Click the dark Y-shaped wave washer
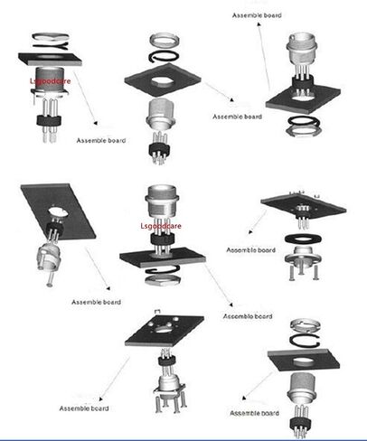point(51,46)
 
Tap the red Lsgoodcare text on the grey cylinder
point(51,81)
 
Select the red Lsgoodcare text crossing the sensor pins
point(161,226)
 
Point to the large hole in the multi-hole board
point(164,329)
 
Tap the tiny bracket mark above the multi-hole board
point(157,311)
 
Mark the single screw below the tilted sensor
point(51,278)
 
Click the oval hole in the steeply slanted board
point(59,211)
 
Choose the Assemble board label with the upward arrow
point(257,15)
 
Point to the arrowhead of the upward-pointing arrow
point(259,23)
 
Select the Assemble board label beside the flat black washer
point(250,250)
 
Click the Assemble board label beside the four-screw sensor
point(84,408)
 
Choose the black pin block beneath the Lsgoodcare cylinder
point(49,120)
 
